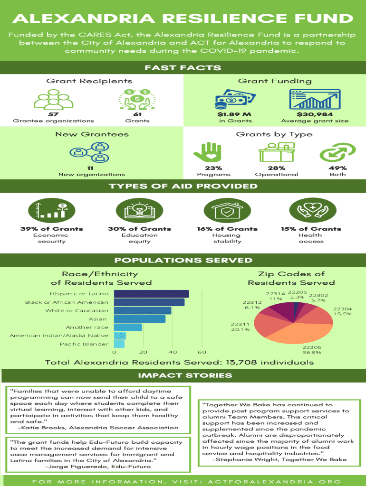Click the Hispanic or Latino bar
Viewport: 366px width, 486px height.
[152, 294]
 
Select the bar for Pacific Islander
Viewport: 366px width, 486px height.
[119, 344]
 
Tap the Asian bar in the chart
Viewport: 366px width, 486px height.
[140, 319]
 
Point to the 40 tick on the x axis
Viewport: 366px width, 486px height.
[173, 352]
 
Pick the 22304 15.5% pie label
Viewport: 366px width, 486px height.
[342, 311]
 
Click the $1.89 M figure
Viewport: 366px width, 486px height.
[234, 114]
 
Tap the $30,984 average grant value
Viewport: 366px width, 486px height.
[315, 114]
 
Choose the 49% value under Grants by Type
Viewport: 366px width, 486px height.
[337, 168]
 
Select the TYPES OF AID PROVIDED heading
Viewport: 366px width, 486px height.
[183, 186]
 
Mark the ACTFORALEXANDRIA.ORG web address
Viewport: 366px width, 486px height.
[274, 482]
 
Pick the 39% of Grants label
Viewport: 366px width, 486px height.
[52, 229]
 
